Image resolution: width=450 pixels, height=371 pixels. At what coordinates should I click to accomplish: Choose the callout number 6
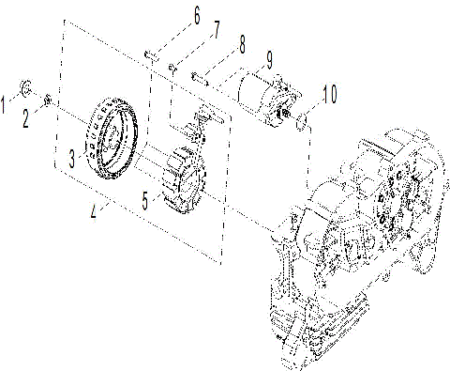point(197,15)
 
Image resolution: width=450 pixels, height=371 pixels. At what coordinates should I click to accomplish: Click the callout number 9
point(268,59)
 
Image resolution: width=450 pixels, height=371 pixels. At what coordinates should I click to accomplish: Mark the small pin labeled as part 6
point(149,54)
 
